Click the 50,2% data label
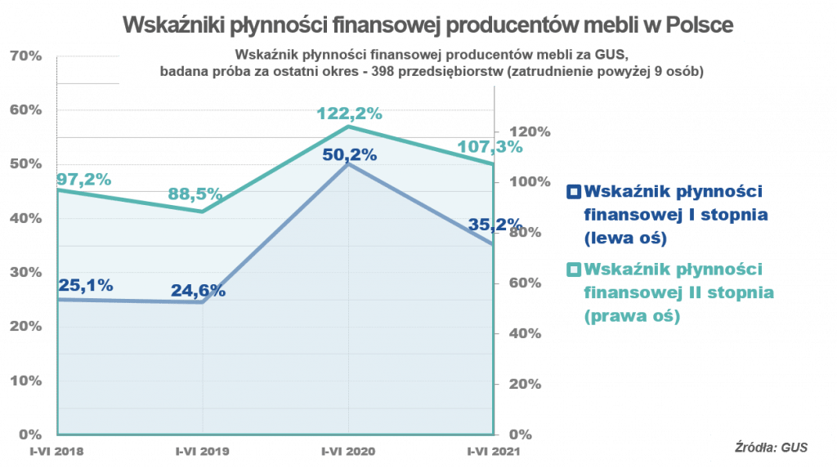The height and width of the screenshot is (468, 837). pos(348,154)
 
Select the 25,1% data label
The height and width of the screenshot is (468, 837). pos(86,285)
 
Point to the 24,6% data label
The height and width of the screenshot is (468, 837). pos(198,290)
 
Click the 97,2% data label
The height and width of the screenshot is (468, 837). pos(84,179)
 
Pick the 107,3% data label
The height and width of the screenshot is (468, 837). pos(495,147)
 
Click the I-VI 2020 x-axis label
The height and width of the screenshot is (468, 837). pos(348,450)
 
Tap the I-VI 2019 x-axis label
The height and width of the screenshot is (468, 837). pos(203,450)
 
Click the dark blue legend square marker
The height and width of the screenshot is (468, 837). pos(574,192)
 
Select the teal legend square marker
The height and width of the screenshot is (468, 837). pos(574,269)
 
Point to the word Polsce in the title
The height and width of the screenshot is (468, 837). pos(699,25)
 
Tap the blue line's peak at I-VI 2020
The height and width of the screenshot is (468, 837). pos(349,165)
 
